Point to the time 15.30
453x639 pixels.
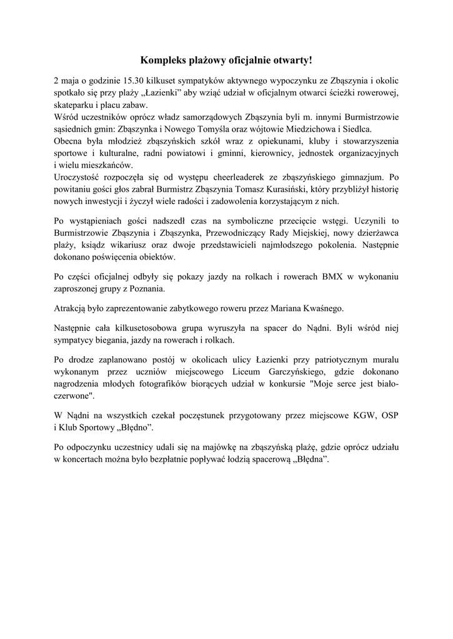(137, 81)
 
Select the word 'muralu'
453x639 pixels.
(382, 361)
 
